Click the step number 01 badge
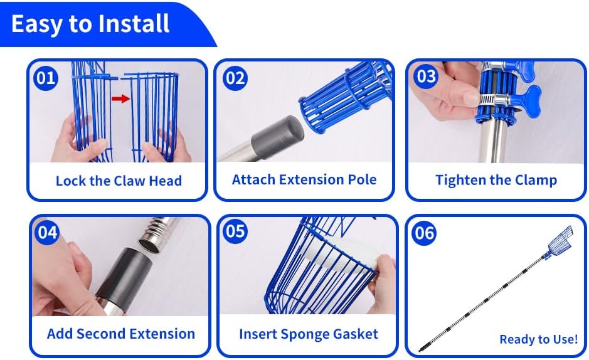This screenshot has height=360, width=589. coord(46,78)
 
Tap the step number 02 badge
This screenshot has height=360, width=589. coord(235,78)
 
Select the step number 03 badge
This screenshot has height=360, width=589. coord(426,77)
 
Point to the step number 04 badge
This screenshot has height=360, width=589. coord(47,232)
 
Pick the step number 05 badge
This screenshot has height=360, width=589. coord(235,231)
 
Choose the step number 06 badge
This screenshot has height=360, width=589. coord(425,233)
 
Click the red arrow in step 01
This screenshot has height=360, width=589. coord(120,98)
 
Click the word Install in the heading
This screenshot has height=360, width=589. coord(134,24)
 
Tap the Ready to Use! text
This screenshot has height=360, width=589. coord(539,339)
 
